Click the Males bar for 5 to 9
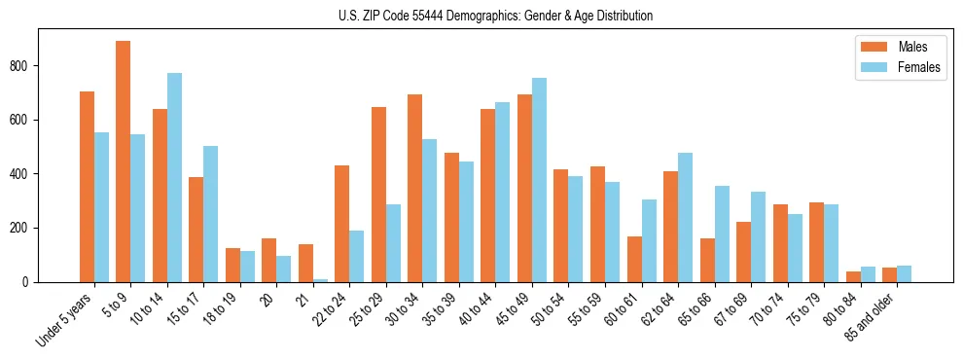pos(124,162)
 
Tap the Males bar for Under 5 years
pos(87,187)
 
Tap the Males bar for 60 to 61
pos(634,259)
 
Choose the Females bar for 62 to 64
pos(685,217)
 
